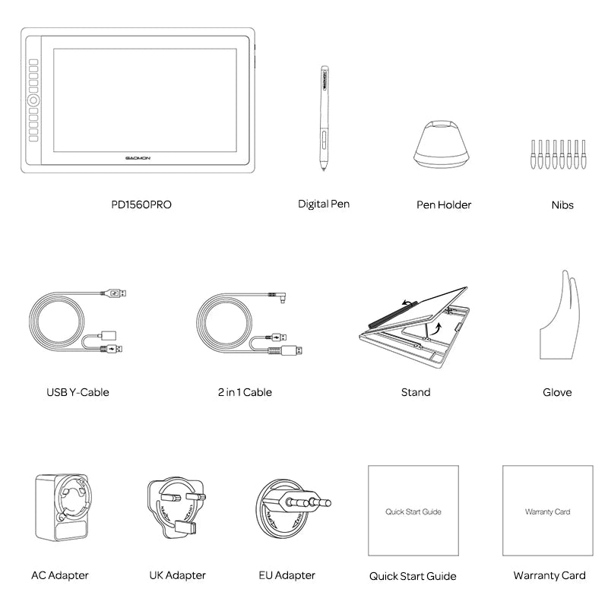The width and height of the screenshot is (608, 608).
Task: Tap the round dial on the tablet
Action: [35, 100]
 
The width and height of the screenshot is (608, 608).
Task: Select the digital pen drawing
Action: [324, 114]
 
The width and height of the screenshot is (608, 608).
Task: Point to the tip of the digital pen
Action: [324, 168]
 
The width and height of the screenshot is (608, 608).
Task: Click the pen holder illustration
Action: [443, 141]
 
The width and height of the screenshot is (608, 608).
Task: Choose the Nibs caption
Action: [562, 204]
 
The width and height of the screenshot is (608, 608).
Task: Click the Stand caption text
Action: [416, 392]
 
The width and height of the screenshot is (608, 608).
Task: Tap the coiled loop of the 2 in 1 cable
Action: [227, 324]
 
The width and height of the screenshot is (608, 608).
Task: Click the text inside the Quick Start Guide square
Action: [413, 512]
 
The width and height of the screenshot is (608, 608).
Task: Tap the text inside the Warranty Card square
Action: [547, 512]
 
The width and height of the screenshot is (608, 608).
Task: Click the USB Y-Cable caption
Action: [78, 392]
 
